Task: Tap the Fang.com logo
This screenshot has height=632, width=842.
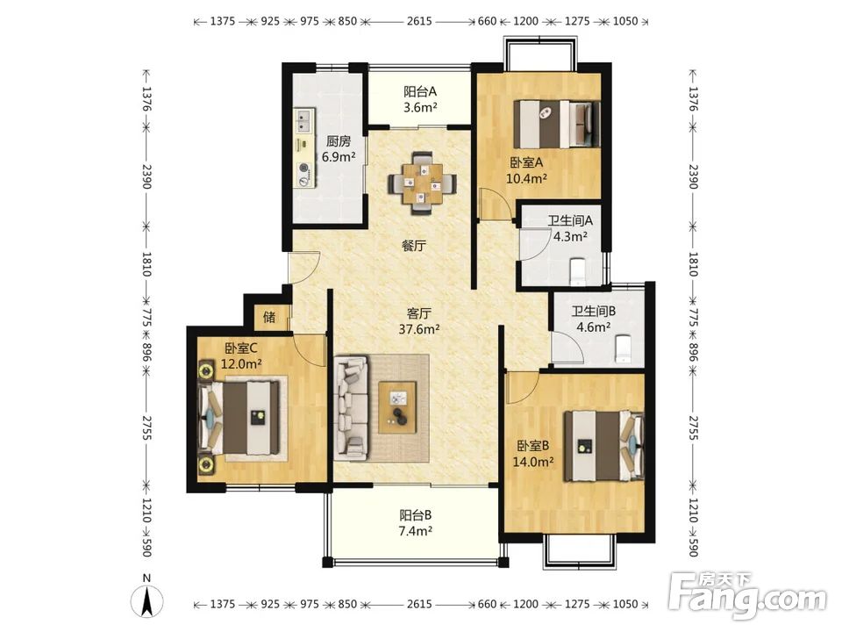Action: (748, 595)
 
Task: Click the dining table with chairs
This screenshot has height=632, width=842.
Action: (423, 183)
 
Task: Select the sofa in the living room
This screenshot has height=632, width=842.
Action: (351, 408)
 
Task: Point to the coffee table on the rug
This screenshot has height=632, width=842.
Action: (398, 406)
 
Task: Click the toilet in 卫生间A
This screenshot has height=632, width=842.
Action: (578, 271)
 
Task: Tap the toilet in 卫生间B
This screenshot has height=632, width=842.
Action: (623, 348)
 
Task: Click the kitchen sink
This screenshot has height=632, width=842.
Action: (303, 121)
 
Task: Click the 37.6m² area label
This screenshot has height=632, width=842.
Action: (419, 329)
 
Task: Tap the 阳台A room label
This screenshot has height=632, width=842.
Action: (420, 92)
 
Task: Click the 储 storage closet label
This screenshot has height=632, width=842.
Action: (269, 317)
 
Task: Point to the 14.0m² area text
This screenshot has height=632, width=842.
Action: (533, 462)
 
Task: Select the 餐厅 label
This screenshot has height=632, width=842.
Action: (414, 246)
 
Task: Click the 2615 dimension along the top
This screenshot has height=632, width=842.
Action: (419, 21)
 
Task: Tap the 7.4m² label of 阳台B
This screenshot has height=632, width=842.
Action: (416, 531)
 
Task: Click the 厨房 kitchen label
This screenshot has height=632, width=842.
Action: (339, 141)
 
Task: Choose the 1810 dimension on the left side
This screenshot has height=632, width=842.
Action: (146, 264)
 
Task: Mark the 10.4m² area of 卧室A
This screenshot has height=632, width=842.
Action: (527, 178)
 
